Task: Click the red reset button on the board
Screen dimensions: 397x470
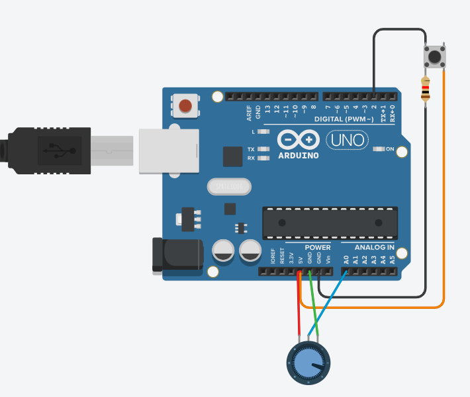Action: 186,105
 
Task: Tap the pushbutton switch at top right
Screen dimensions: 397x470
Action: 434,57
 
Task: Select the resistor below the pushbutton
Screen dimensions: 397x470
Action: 425,89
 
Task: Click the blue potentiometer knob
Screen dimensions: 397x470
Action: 308,363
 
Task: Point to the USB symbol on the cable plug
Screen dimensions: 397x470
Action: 59,150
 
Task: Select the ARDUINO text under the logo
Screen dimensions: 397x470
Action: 299,156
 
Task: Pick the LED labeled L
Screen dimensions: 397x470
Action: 265,132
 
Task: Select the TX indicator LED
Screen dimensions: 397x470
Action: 265,150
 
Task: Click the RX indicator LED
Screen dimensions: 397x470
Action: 265,158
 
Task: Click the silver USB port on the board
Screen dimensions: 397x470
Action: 169,150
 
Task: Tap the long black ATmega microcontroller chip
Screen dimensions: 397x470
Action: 330,223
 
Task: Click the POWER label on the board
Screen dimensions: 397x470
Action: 318,248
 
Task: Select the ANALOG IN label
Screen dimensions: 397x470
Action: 369,248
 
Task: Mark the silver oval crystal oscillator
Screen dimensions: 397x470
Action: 230,188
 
